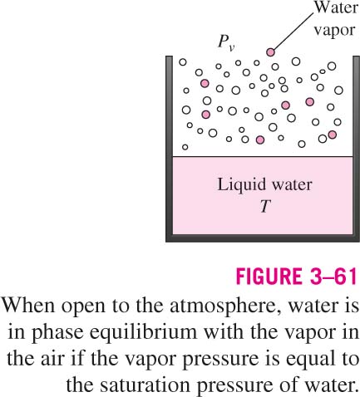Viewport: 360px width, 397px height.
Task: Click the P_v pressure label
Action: (x=226, y=43)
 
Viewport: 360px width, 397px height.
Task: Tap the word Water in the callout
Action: (x=336, y=7)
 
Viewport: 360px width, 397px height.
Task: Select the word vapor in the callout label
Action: (x=334, y=30)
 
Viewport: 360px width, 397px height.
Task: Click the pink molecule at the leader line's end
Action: (x=270, y=52)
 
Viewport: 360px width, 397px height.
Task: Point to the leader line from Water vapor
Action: (x=293, y=32)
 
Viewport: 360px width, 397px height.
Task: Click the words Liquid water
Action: (x=264, y=184)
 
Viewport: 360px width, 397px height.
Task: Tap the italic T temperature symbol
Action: (x=265, y=206)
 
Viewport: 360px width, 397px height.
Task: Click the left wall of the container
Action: (x=169, y=149)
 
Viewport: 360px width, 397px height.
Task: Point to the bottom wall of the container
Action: (x=263, y=238)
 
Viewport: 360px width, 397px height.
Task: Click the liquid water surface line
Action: (x=263, y=157)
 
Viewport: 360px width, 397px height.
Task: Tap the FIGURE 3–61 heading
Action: (x=296, y=277)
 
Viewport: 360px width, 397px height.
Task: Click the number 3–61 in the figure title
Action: (x=333, y=277)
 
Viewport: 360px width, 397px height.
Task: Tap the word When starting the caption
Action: (x=28, y=306)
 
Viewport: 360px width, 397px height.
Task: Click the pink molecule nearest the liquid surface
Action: (x=260, y=140)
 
